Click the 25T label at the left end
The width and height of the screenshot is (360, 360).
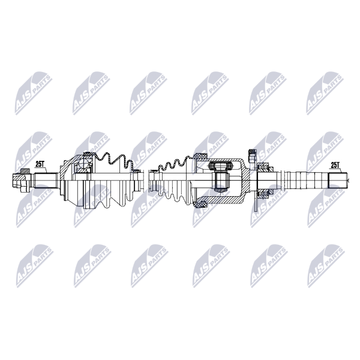40,164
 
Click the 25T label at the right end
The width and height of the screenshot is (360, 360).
335,165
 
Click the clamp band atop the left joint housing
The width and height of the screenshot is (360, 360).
87,154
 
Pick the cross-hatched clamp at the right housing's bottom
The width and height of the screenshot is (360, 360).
200,204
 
